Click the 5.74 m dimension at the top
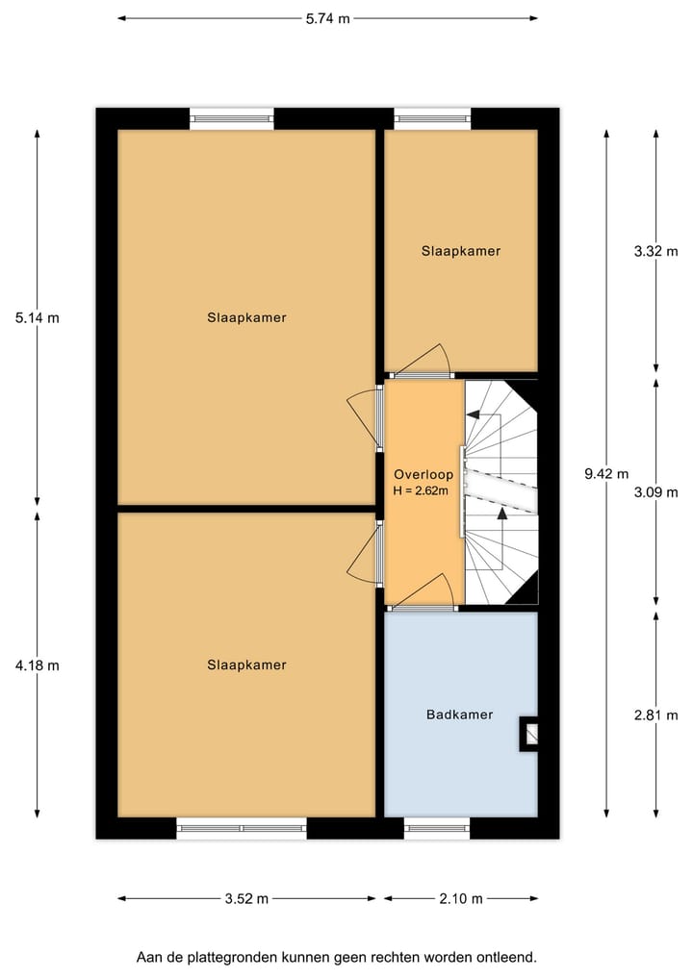coord(327,18)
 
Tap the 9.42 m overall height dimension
coord(606,472)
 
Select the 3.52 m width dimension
coord(247,898)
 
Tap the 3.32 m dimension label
coord(655,251)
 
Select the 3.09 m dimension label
coord(655,491)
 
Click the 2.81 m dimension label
coord(655,715)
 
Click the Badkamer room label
coord(459,715)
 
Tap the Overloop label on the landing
coord(421,474)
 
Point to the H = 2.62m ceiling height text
coord(422,490)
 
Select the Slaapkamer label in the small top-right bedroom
coord(461,251)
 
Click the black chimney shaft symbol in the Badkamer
coord(529,735)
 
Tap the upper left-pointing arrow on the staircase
coord(474,414)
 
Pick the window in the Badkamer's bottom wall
coord(437,827)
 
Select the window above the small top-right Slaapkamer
coord(433,119)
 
